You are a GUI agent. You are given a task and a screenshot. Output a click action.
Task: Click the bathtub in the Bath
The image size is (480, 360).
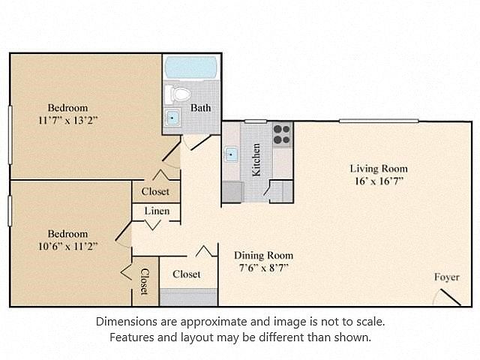[190, 67]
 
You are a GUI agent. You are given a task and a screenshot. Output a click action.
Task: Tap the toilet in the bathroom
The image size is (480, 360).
[177, 94]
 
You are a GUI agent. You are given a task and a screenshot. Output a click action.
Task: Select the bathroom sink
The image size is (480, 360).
[172, 118]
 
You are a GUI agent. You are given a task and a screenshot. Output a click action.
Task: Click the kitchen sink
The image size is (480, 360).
[230, 154]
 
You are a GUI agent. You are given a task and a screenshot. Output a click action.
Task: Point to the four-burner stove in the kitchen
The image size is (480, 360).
[282, 134]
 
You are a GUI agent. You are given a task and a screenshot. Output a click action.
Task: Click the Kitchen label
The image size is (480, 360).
[256, 160]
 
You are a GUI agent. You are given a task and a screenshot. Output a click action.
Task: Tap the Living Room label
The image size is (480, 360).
[379, 169]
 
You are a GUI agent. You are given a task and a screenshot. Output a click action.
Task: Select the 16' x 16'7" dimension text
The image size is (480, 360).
[379, 181]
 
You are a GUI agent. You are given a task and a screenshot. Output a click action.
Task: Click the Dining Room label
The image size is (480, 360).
[263, 255]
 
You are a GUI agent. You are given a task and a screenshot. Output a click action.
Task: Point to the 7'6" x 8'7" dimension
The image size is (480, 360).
[263, 268]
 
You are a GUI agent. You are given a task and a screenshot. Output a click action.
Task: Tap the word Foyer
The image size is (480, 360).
[447, 277]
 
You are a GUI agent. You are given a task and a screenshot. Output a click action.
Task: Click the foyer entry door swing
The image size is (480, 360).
[450, 297]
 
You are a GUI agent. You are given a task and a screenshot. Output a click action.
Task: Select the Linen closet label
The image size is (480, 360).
[157, 211]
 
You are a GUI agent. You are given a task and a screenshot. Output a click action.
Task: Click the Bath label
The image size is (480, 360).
[200, 108]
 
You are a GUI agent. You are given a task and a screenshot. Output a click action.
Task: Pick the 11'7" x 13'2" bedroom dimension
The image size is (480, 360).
[67, 120]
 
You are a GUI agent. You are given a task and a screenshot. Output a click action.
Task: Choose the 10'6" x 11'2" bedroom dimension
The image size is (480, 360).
[67, 246]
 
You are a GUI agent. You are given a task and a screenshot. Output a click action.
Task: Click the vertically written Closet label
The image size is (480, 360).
[145, 281]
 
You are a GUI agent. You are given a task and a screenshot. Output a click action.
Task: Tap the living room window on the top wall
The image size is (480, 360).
[379, 121]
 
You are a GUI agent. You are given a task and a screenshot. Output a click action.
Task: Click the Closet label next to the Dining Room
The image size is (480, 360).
[187, 274]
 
